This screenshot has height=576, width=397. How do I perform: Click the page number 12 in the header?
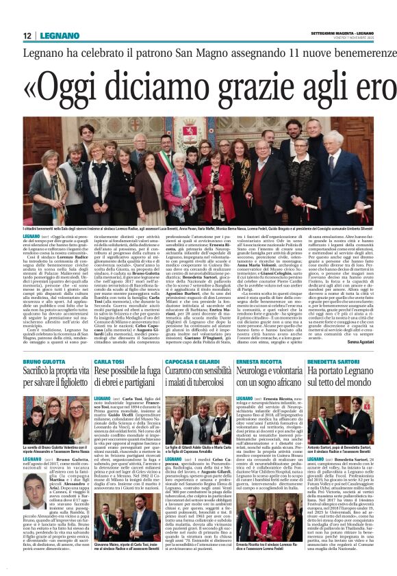[28, 35]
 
